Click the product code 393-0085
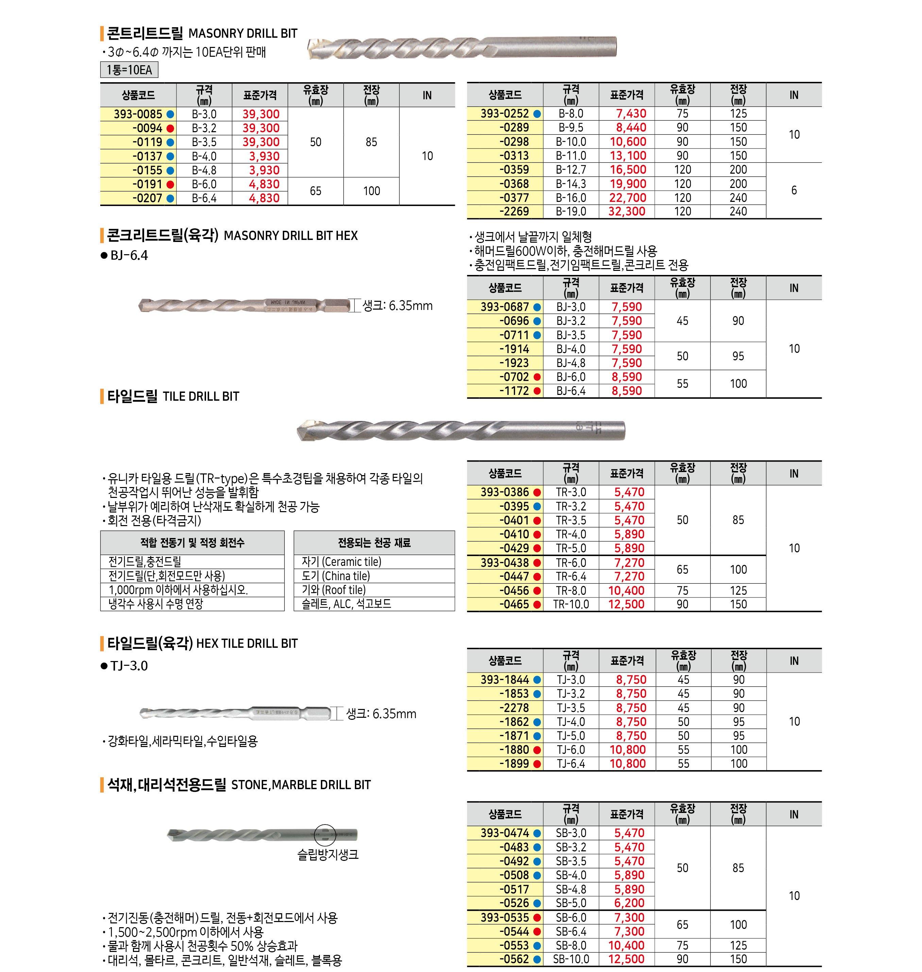pos(138,114)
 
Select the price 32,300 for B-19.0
pos(627,212)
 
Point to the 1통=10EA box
pos(129,70)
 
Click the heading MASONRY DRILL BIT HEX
pos(290,236)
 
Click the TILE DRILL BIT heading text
pos(201,397)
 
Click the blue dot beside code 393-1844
pos(537,680)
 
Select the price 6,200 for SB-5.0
pos(629,903)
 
